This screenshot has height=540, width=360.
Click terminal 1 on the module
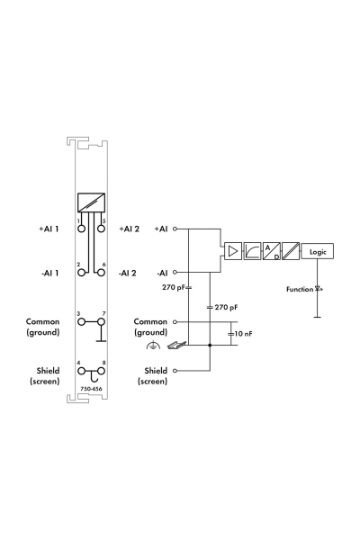point(81,229)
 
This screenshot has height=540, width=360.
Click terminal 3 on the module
point(81,326)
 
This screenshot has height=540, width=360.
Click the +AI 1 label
point(47,229)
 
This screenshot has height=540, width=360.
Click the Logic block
point(318,252)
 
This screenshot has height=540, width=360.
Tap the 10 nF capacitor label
point(243,334)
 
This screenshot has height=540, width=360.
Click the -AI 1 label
point(47,273)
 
